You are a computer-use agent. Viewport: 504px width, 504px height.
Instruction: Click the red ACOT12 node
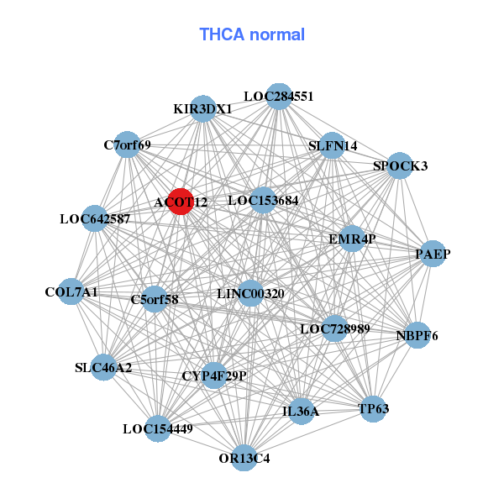coord(181,202)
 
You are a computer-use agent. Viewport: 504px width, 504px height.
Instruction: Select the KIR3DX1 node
coord(202,108)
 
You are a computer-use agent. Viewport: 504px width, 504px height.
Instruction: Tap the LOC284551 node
coord(279,96)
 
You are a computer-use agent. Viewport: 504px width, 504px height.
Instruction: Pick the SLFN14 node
coord(333,145)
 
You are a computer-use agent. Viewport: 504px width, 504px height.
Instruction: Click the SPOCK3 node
coord(400,165)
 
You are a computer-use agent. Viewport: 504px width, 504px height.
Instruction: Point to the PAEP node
coord(431,254)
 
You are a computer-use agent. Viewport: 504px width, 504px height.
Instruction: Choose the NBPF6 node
coord(417,335)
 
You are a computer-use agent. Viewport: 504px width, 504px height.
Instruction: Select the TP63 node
coord(373,409)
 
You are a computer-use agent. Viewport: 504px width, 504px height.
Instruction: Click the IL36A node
coord(301,412)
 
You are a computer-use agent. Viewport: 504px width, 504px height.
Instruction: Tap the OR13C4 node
coord(244,458)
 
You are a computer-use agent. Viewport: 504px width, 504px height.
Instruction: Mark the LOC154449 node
coord(158,428)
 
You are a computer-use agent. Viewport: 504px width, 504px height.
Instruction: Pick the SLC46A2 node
coord(103,367)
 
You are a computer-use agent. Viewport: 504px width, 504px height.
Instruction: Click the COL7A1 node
coord(72,292)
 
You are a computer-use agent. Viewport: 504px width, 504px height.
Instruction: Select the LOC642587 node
coord(95,219)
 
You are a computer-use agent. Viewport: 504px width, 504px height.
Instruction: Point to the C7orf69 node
coord(127,144)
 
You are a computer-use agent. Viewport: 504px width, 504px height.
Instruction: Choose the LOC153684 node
coord(263,200)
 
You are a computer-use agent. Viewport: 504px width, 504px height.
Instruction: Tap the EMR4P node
coord(352,239)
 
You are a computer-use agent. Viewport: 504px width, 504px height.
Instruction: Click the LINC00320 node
coord(250,293)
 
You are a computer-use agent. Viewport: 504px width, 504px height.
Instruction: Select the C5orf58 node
coord(155,298)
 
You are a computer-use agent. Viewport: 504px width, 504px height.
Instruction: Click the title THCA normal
coord(251,34)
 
